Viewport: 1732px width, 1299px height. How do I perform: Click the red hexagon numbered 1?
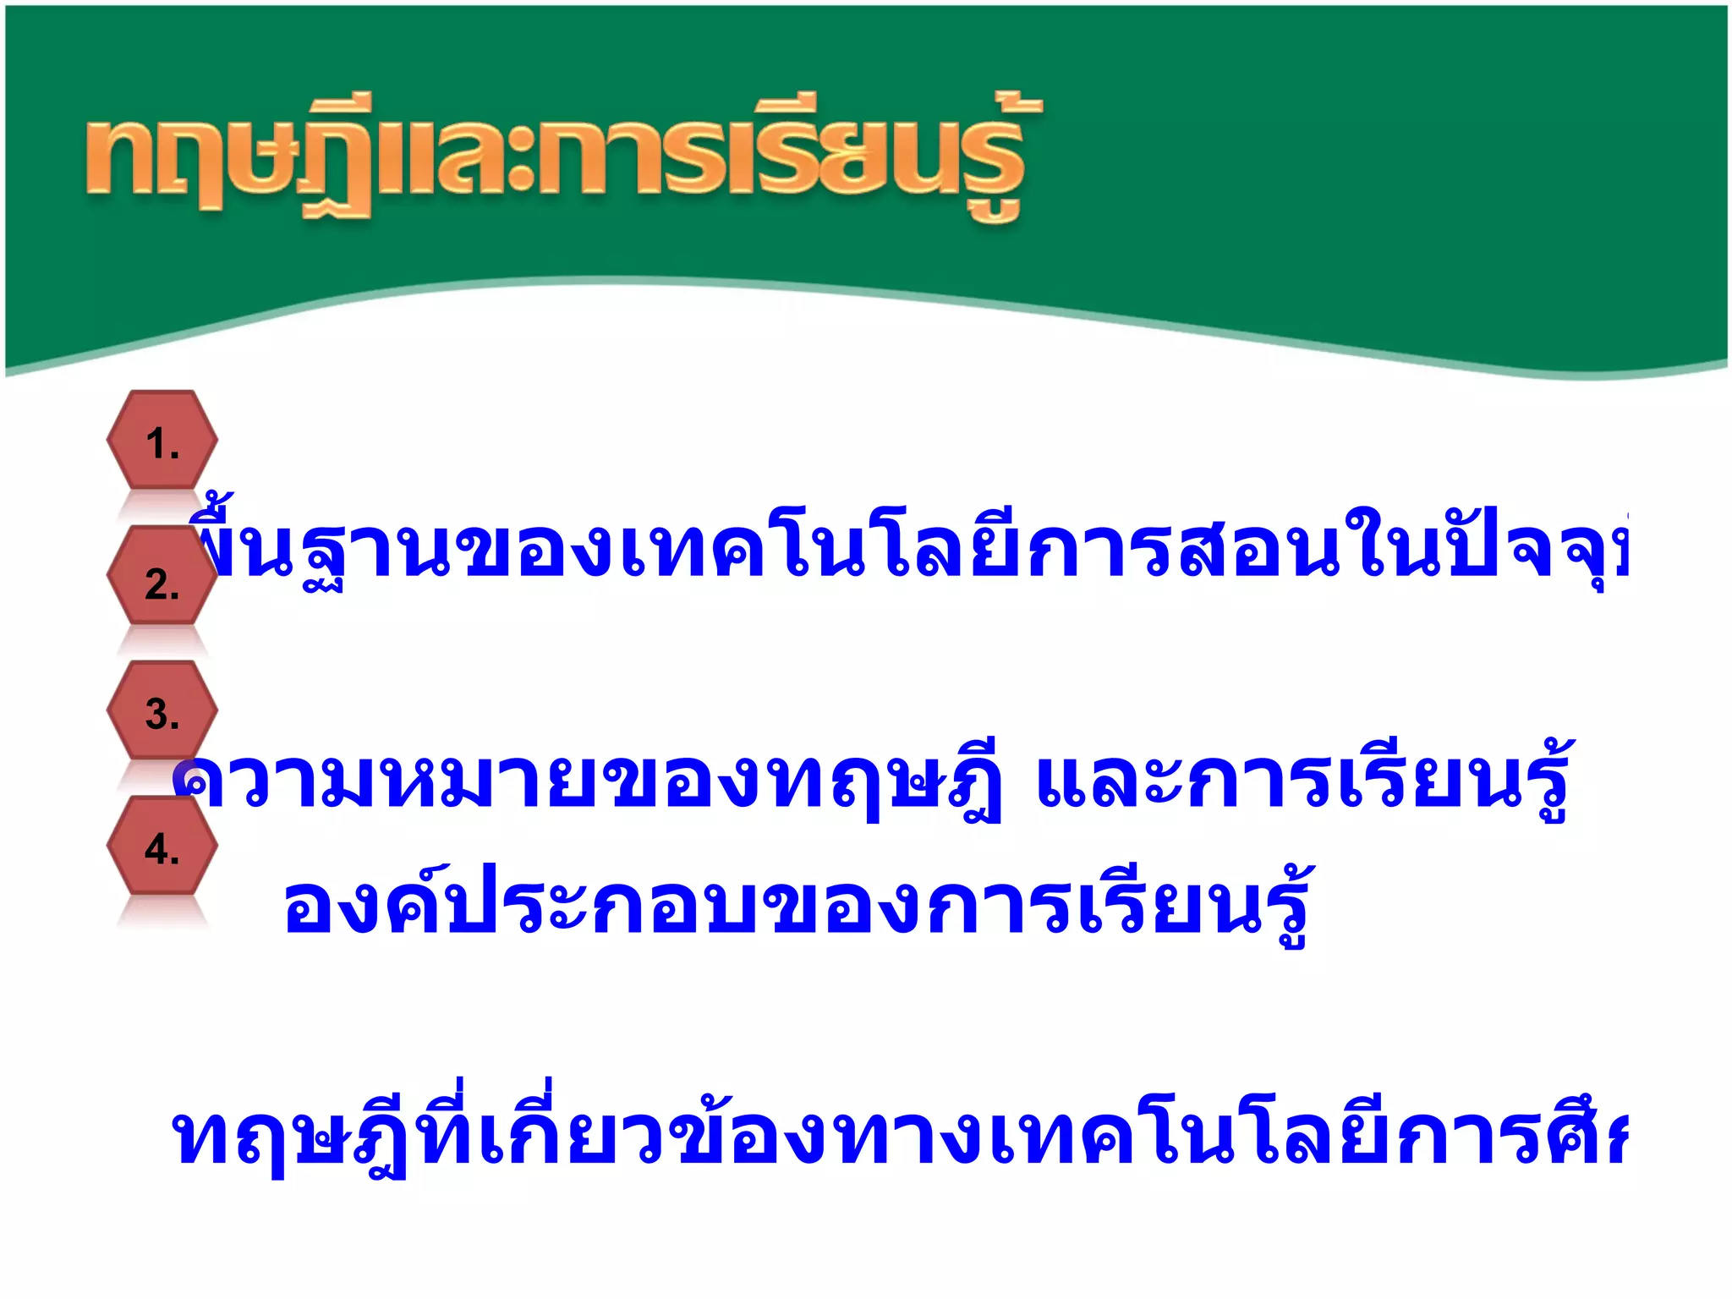(x=162, y=441)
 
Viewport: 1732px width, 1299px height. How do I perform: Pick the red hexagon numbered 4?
(x=162, y=847)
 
